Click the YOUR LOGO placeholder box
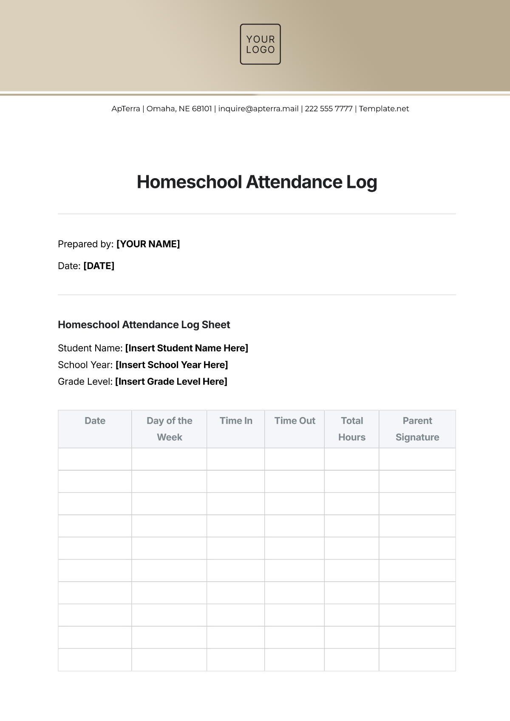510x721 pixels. click(260, 44)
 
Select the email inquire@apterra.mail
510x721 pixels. click(258, 109)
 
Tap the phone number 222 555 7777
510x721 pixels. click(329, 109)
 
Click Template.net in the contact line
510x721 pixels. click(384, 109)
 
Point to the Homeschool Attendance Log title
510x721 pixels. click(257, 182)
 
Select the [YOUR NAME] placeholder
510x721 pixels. click(148, 244)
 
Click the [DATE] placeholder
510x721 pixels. click(99, 266)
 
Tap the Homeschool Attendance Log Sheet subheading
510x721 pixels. click(144, 325)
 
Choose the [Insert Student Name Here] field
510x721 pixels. click(187, 348)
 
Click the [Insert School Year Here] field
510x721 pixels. click(172, 365)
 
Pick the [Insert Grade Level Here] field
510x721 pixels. click(171, 381)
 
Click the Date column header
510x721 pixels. click(95, 421)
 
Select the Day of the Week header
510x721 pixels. click(169, 429)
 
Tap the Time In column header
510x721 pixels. click(236, 421)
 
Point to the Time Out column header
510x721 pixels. click(295, 421)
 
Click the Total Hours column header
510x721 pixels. click(352, 429)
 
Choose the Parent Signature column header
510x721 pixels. click(417, 429)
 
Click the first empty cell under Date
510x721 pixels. click(95, 459)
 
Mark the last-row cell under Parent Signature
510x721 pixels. click(417, 660)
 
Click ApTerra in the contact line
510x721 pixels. click(126, 109)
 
